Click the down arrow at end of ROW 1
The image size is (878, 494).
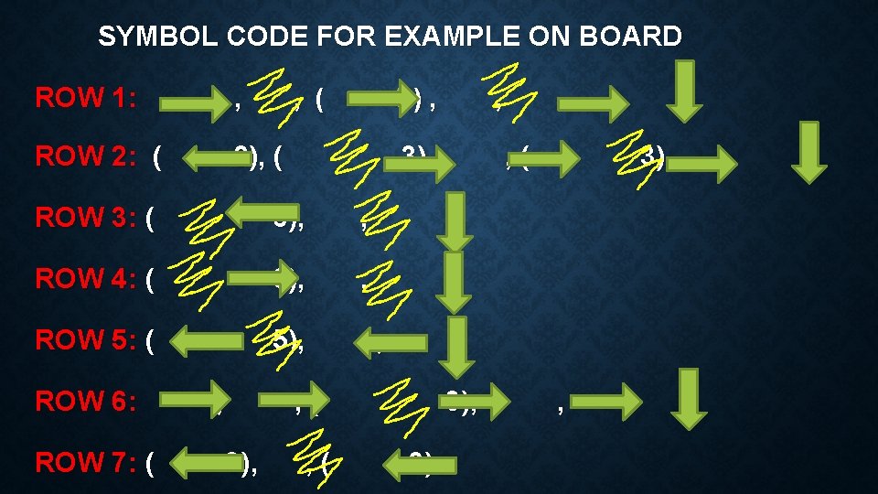[x=684, y=91]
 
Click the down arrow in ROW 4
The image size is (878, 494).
[x=454, y=282]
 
